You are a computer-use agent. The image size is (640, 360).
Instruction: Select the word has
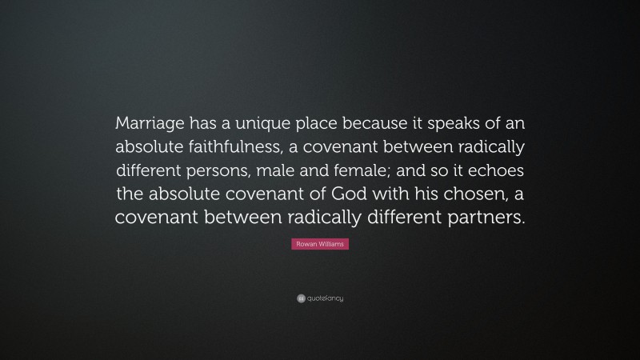[x=202, y=124]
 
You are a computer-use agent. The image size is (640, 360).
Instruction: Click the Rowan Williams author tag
[x=320, y=244]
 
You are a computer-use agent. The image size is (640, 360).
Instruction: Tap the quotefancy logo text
[x=325, y=298]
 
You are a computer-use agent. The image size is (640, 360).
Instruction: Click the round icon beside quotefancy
[x=301, y=298]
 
